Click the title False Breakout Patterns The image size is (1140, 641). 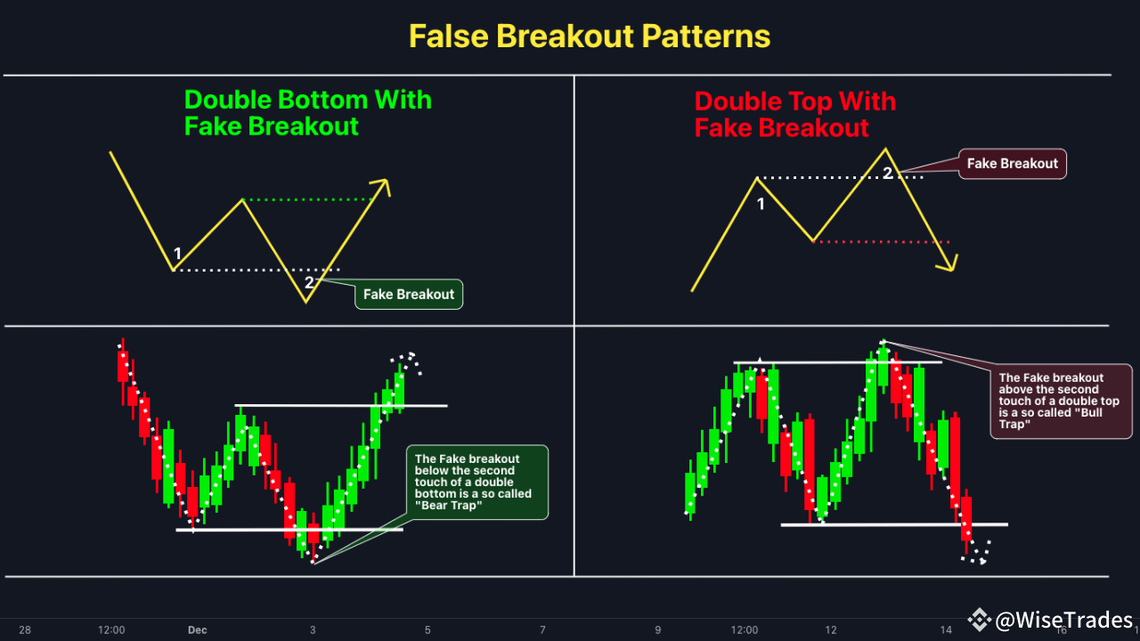point(589,37)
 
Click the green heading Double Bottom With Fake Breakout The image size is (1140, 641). point(307,113)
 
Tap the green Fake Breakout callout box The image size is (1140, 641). point(409,295)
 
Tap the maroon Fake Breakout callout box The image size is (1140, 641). point(1012,164)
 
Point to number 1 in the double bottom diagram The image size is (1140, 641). point(178,255)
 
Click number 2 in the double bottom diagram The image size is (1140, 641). point(309,283)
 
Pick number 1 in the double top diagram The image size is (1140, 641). point(761,205)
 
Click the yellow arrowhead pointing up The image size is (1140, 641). point(383,185)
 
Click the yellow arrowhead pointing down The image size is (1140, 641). point(949,264)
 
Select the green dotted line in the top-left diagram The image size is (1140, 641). point(307,199)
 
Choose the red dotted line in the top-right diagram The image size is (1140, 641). point(882,241)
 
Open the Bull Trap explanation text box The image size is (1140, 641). point(1061,401)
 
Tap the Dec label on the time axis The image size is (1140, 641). point(197,630)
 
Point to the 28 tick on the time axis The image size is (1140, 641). point(25,630)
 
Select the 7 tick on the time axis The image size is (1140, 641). point(542,630)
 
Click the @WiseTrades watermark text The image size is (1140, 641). point(1063,620)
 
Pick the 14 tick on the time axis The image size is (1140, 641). point(946,630)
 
